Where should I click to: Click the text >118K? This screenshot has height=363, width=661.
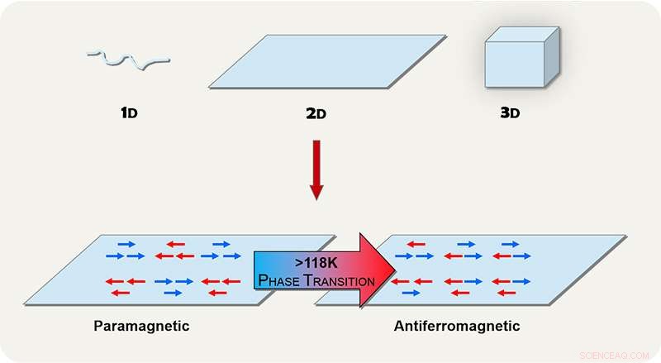tap(316, 264)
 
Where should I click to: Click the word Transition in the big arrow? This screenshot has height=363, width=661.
tap(340, 281)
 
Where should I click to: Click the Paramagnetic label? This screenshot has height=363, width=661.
tap(141, 326)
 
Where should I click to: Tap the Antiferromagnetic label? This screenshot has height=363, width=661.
tap(457, 326)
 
